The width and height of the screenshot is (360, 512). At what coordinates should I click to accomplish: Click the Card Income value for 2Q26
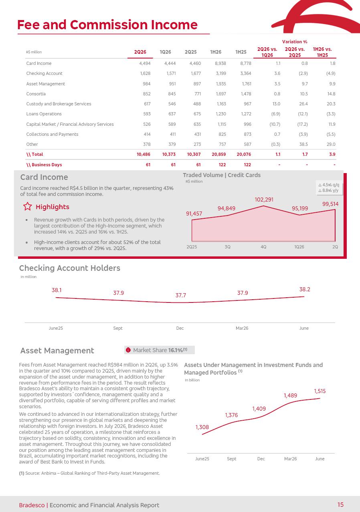[145, 63]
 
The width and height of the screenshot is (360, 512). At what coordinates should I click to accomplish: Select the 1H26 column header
[216, 52]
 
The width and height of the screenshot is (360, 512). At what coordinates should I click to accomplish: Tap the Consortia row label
[36, 94]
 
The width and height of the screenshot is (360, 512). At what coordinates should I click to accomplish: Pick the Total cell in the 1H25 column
[244, 154]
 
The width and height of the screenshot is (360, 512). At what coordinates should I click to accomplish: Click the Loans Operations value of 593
[147, 114]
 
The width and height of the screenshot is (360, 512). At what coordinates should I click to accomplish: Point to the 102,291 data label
[264, 200]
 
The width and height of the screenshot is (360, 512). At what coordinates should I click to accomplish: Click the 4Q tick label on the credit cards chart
[263, 247]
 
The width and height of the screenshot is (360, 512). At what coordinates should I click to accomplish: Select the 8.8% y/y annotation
[328, 190]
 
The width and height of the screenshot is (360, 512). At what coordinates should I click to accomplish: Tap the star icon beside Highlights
[27, 206]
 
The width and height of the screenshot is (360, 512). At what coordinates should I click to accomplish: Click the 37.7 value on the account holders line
[180, 295]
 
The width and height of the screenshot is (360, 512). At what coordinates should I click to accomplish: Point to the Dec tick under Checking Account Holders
[180, 328]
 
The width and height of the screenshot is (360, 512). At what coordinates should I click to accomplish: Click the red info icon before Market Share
[128, 350]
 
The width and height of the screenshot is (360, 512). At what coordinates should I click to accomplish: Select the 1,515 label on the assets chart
[320, 391]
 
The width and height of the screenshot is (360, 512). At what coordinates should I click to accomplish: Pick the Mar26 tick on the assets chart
[290, 459]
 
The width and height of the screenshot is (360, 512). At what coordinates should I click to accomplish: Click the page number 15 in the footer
[340, 504]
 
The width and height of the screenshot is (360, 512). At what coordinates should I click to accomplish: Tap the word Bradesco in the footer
[32, 505]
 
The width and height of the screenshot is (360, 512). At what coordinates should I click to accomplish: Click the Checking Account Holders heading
[69, 268]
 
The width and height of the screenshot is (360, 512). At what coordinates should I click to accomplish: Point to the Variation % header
[295, 42]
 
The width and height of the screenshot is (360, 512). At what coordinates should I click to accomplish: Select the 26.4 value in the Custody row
[303, 104]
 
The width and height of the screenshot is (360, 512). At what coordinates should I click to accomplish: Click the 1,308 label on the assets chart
[202, 427]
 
